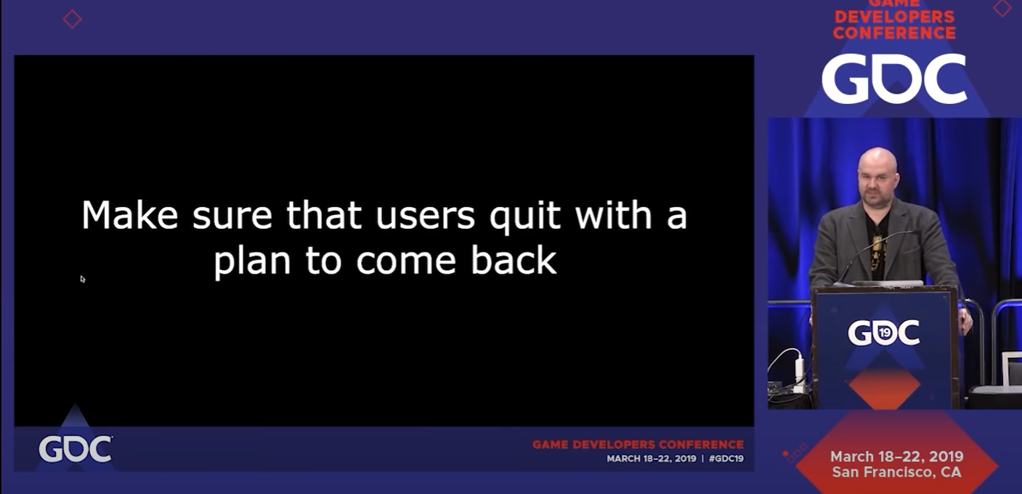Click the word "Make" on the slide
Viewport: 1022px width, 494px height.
pyautogui.click(x=130, y=215)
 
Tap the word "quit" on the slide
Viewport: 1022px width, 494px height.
pyautogui.click(x=524, y=217)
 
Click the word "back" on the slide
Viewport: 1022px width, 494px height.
pyautogui.click(x=514, y=259)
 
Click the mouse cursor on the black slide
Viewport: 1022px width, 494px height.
pyautogui.click(x=83, y=279)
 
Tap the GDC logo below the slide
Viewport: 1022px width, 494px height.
pyautogui.click(x=76, y=449)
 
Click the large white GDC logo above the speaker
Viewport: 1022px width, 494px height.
pyautogui.click(x=893, y=78)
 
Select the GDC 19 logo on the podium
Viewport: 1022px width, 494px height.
pyautogui.click(x=884, y=332)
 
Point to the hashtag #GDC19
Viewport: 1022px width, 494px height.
pyautogui.click(x=726, y=458)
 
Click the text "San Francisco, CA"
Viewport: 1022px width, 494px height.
pyautogui.click(x=896, y=472)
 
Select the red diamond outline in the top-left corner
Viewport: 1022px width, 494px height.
pyautogui.click(x=72, y=19)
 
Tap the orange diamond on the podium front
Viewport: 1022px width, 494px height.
pyautogui.click(x=884, y=388)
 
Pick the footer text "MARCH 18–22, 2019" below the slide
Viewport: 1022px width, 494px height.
pyautogui.click(x=651, y=458)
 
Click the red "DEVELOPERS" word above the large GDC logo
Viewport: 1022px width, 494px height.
pyautogui.click(x=894, y=17)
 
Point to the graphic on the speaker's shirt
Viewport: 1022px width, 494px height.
pyautogui.click(x=878, y=248)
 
